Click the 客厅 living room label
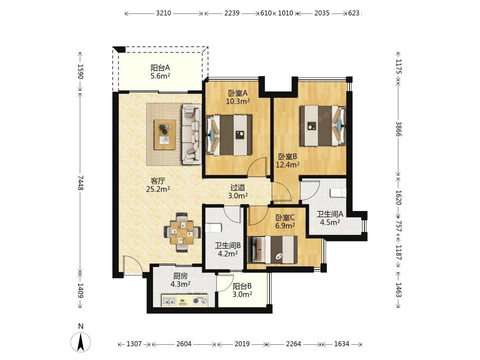[x=158, y=181]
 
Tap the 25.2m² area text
[x=158, y=189]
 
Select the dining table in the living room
[x=182, y=233]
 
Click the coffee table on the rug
[x=165, y=135]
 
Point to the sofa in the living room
[x=192, y=133]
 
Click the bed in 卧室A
[x=229, y=135]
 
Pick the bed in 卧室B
[x=322, y=126]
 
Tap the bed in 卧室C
[x=272, y=250]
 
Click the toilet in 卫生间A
[x=338, y=193]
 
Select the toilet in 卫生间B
[x=213, y=228]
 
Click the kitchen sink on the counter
[x=169, y=301]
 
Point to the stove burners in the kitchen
[x=200, y=300]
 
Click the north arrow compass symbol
[x=80, y=342]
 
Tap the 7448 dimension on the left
[x=80, y=183]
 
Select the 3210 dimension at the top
[x=163, y=13]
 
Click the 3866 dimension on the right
[x=398, y=129]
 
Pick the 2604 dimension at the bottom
[x=184, y=344]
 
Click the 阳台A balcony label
[x=160, y=68]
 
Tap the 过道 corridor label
[x=238, y=187]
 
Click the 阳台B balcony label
[x=242, y=286]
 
